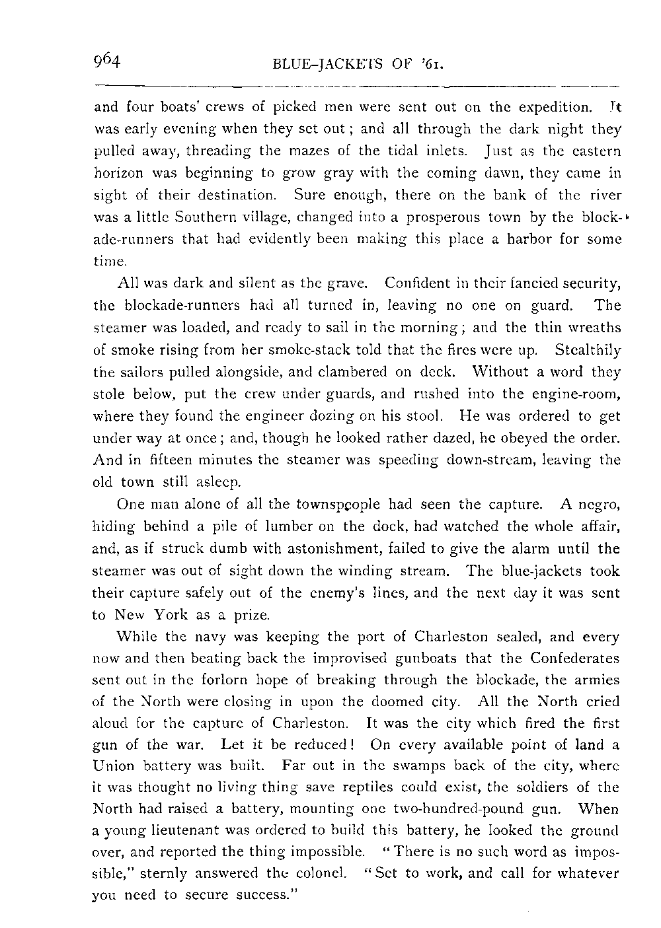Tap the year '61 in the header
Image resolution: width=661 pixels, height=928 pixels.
(429, 65)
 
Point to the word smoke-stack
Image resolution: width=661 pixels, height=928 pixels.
(282, 349)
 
